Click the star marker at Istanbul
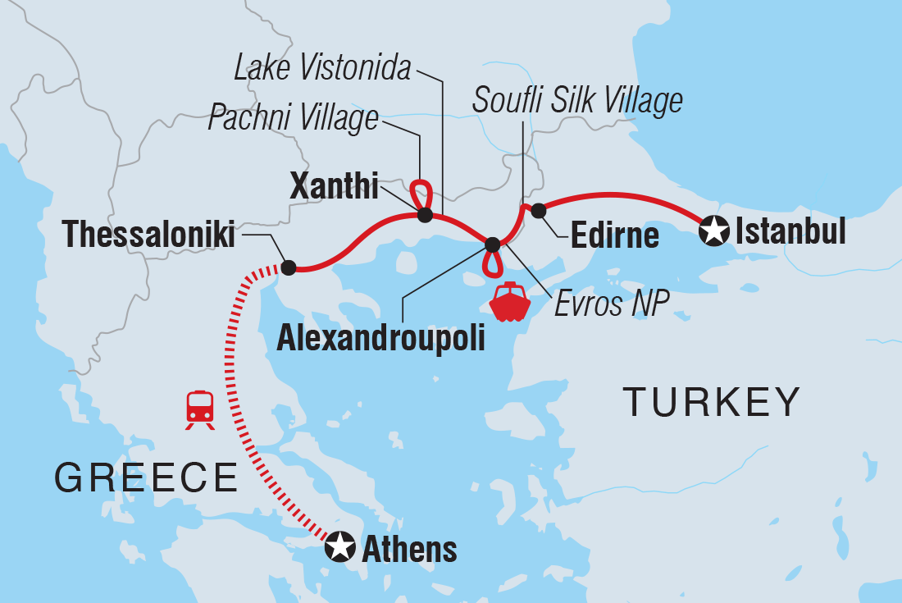point(714,232)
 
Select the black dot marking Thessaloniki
point(289,267)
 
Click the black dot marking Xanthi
point(425,216)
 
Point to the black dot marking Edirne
point(538,211)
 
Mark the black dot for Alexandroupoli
point(492,244)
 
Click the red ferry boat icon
point(510,301)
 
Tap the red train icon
point(200,409)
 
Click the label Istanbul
point(790,232)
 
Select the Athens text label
point(408,549)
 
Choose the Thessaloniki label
point(149,235)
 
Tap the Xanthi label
point(335,188)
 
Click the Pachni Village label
point(293,118)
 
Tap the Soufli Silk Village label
point(577,100)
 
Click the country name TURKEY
point(711,402)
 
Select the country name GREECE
point(146,477)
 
